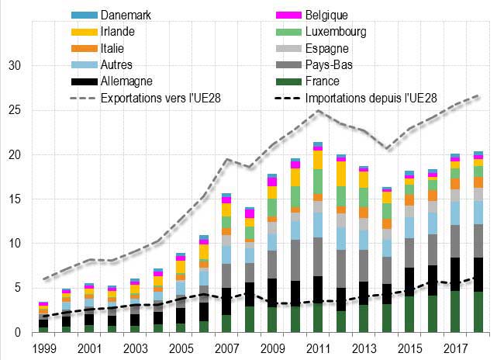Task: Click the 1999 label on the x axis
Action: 44,350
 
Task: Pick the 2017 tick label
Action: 454,350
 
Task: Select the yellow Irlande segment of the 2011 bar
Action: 317,159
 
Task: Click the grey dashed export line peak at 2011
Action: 317,111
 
